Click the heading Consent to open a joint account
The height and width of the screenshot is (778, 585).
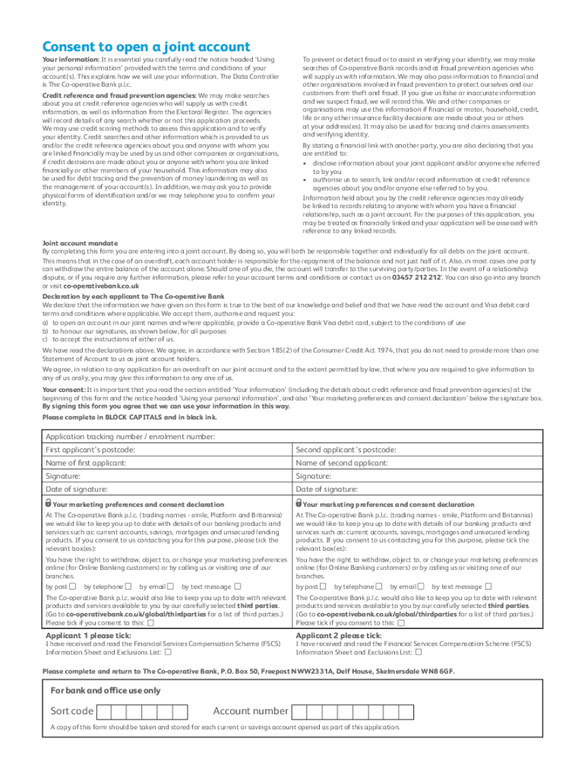tap(146, 47)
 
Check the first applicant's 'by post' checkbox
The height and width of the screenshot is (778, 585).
tap(73, 587)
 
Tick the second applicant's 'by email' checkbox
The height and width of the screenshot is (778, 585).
tap(423, 587)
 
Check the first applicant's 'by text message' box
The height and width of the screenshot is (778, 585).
tap(238, 587)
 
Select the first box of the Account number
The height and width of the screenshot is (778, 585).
tap(300, 712)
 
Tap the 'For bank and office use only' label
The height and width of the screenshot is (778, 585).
tap(106, 691)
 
